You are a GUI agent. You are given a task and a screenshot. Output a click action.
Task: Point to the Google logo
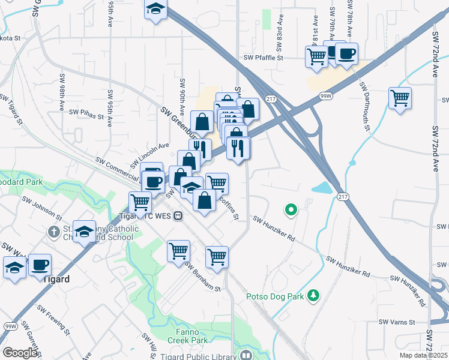(20, 352)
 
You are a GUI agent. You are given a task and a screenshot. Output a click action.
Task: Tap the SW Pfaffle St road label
(264, 58)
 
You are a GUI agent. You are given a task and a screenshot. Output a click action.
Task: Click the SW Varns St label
(397, 322)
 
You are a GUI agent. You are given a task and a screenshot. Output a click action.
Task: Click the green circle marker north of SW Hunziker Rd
(291, 210)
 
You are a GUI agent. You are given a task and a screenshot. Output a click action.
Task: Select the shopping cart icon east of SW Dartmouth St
(399, 98)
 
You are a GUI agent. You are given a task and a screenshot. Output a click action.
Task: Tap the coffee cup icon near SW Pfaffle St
(345, 53)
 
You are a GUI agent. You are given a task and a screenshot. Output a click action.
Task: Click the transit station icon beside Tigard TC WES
(178, 216)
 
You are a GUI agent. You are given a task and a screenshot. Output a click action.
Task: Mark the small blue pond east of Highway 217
(322, 187)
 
